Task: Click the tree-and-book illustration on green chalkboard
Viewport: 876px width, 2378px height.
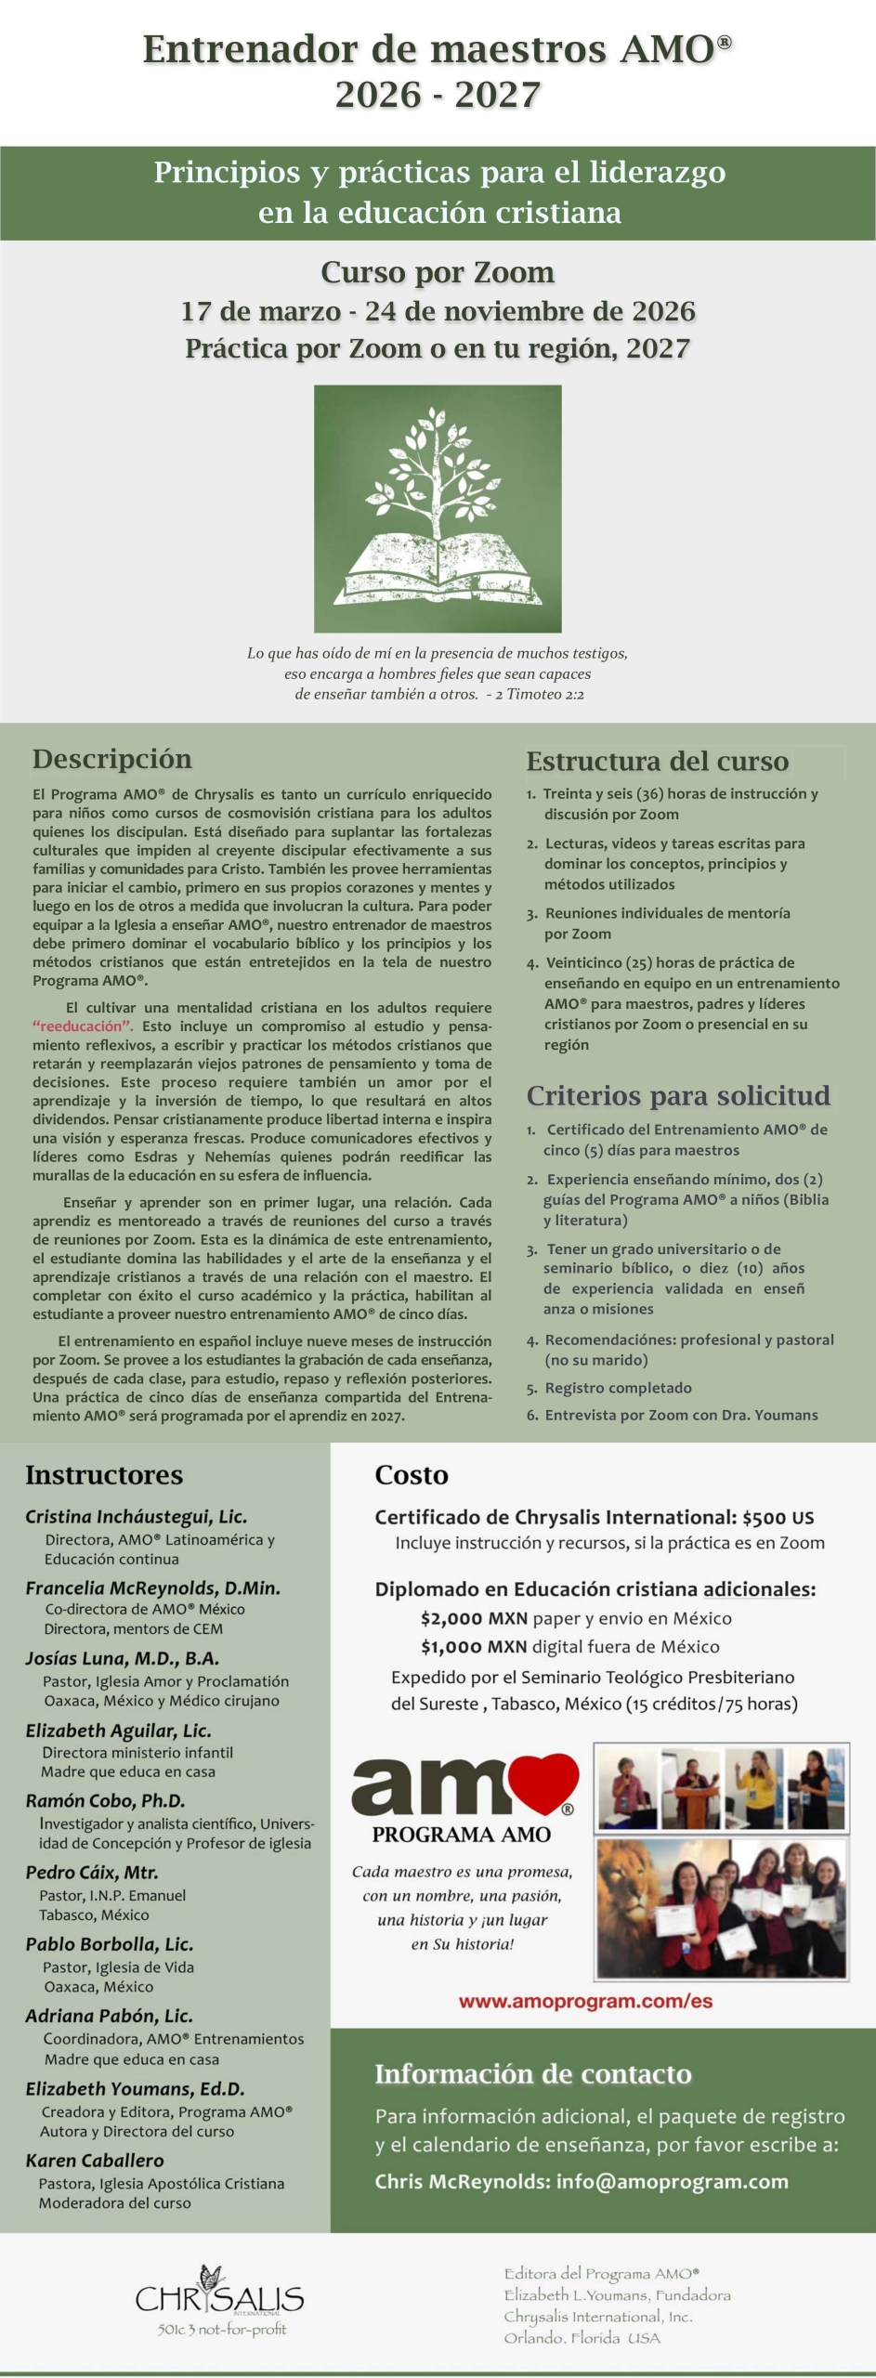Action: (x=438, y=508)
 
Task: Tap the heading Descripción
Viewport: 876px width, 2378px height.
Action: (x=112, y=759)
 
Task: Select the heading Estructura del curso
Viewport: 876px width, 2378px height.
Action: (x=657, y=762)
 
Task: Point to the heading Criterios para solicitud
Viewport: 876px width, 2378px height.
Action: (x=678, y=1095)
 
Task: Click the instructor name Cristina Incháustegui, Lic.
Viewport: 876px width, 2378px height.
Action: (x=137, y=1517)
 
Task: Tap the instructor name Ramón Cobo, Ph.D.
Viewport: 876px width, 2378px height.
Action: (x=105, y=1800)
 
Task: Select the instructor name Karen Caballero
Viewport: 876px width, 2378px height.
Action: (x=95, y=2161)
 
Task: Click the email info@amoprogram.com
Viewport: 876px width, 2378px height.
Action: (x=672, y=2181)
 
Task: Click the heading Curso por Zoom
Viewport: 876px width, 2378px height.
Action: (x=438, y=272)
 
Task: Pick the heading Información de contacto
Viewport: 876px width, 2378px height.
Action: (x=532, y=2073)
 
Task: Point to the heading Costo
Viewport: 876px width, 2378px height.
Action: (x=412, y=1475)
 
